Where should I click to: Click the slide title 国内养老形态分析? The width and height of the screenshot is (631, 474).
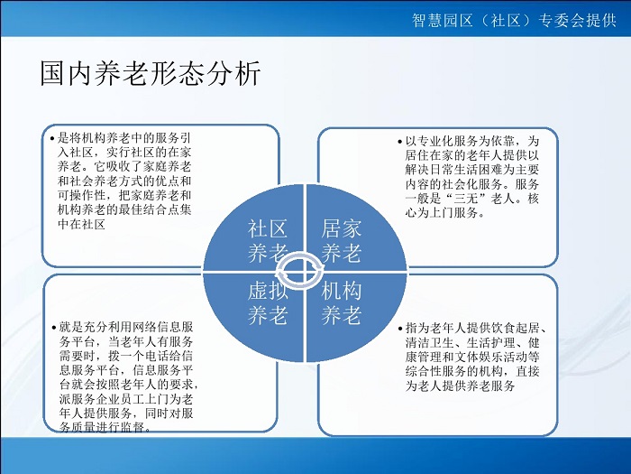pos(151,73)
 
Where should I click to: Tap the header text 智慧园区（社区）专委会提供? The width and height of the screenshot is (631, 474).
pos(514,20)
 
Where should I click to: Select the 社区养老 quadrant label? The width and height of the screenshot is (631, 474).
pos(268,241)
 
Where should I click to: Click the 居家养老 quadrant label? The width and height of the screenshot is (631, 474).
pos(341,241)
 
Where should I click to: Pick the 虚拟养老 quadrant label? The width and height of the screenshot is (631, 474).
pos(268,303)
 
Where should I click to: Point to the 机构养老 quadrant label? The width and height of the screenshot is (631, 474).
pos(341,303)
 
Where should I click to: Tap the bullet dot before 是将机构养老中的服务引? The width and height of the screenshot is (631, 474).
pos(52,139)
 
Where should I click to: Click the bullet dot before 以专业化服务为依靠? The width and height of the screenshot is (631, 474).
pos(399,142)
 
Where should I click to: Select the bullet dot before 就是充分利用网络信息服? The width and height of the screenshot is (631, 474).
pos(54,328)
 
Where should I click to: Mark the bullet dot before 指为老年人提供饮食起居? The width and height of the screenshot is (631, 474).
pos(400,329)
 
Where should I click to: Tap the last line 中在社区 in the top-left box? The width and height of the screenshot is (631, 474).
pos(82,224)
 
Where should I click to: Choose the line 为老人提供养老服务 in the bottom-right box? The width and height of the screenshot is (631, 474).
pos(460,386)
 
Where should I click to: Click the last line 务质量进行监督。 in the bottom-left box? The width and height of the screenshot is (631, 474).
pos(106,427)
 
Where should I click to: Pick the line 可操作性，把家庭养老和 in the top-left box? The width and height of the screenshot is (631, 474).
pos(124,196)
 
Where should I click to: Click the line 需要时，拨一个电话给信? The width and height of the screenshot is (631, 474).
pos(126,357)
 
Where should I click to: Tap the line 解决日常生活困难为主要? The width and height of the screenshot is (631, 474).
pos(472,170)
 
